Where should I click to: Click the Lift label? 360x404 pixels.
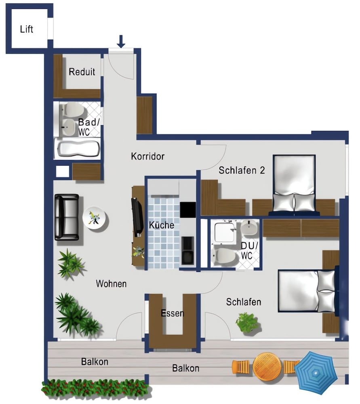(27, 29)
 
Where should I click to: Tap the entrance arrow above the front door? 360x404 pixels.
(121, 41)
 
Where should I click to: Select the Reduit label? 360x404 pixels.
(82, 72)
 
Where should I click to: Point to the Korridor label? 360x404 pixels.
(147, 156)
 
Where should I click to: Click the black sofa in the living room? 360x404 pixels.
(67, 217)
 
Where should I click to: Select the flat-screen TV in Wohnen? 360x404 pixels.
(137, 217)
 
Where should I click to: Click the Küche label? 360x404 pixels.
(162, 225)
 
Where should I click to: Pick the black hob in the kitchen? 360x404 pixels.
(187, 210)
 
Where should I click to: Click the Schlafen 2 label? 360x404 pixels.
(242, 170)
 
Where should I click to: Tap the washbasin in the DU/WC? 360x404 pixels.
(249, 227)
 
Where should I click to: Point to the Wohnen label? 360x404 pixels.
(111, 284)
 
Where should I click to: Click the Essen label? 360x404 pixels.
(173, 313)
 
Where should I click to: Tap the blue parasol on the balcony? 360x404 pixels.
(316, 372)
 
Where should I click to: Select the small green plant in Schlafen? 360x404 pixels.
(247, 322)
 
